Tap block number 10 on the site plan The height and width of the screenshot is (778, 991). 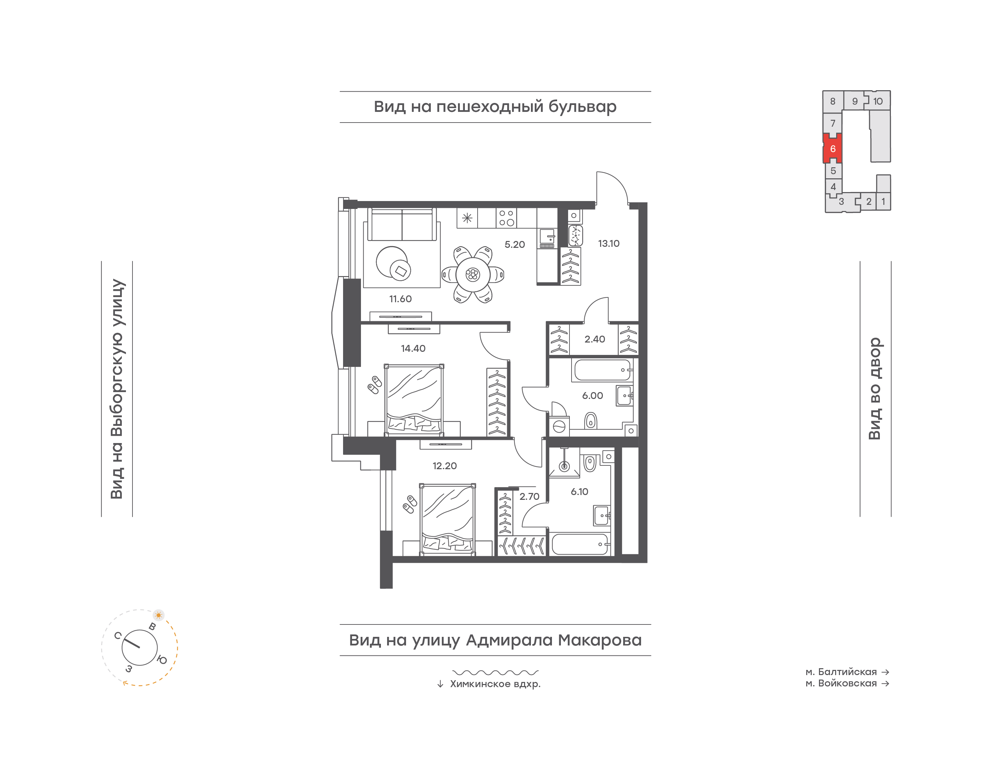click(878, 101)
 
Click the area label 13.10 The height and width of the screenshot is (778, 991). click(609, 244)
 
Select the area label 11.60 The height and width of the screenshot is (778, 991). click(400, 299)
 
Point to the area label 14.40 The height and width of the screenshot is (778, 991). click(413, 348)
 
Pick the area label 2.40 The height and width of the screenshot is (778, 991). click(595, 339)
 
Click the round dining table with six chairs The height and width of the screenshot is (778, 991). click(472, 275)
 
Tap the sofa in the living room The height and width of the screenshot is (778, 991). click(402, 224)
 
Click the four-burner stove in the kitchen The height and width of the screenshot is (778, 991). click(506, 218)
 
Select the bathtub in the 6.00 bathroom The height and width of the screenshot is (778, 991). click(602, 370)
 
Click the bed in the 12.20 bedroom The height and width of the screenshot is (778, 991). click(447, 519)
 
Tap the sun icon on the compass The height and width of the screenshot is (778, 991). click(158, 615)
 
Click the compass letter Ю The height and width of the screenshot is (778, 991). click(162, 660)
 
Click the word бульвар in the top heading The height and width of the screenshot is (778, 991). click(582, 107)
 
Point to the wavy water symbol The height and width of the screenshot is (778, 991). click(495, 672)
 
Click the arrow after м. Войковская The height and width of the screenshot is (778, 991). click(885, 683)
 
